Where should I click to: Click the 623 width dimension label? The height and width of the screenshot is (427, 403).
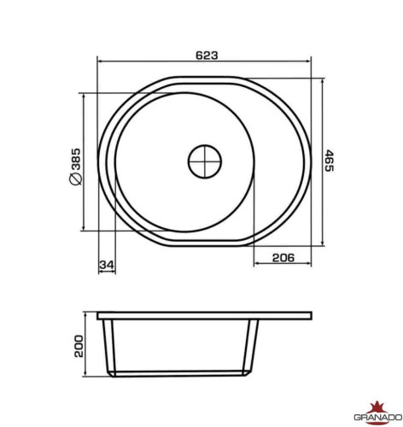[x=207, y=56]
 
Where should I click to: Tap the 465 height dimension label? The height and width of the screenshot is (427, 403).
[x=329, y=161]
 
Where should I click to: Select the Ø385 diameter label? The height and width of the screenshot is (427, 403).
[x=75, y=167]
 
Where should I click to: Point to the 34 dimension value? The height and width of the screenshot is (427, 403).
[x=107, y=265]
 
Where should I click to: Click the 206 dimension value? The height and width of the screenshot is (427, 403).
[x=283, y=258]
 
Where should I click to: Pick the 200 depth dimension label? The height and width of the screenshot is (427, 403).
[x=79, y=346]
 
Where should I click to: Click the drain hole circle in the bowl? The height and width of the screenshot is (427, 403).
[x=205, y=161]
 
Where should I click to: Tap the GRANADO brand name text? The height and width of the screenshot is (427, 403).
[x=378, y=418]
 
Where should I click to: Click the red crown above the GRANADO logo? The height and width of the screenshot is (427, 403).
[x=377, y=407]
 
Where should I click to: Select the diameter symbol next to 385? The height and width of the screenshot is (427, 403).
[x=75, y=178]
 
